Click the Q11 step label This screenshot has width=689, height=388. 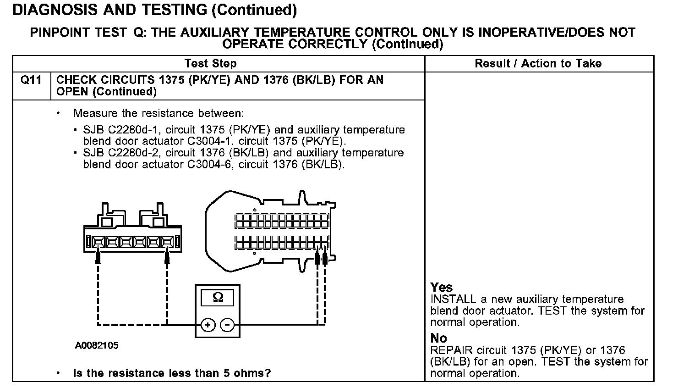pyautogui.click(x=31, y=80)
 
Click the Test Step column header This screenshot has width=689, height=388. pyautogui.click(x=210, y=64)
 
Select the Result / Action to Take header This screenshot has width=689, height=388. pyautogui.click(x=538, y=64)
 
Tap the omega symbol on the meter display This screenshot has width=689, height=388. pyautogui.click(x=218, y=297)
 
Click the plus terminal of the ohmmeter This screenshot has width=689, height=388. pyautogui.click(x=208, y=325)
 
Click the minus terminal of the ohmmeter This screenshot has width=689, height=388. pyautogui.click(x=227, y=325)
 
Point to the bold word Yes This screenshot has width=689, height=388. pyautogui.click(x=441, y=288)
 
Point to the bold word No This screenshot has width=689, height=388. pyautogui.click(x=438, y=338)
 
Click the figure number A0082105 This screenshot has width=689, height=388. pyautogui.click(x=97, y=345)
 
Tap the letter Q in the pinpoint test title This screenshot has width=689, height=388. pyautogui.click(x=138, y=33)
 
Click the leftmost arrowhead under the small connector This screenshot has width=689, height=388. pyautogui.click(x=98, y=258)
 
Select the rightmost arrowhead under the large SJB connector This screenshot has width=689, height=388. pyautogui.click(x=325, y=259)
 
